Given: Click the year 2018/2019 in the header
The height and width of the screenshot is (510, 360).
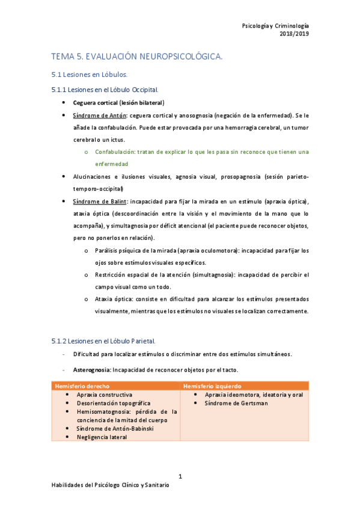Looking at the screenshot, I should coord(294,34).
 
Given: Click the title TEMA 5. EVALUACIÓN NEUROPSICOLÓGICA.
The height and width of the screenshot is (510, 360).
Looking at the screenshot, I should coord(137,57).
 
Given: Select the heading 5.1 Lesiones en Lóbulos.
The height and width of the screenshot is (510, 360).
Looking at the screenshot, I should coord(89,75).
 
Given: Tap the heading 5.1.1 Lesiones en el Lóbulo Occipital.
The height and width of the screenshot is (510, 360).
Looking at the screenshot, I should coord(105,90).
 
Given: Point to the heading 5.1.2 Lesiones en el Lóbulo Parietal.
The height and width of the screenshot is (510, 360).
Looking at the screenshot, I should coord(103,341).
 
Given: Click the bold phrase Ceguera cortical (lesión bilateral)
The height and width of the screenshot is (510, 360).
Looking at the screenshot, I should coord(118,103).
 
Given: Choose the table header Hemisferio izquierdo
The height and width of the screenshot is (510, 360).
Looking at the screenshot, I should coord(212,386).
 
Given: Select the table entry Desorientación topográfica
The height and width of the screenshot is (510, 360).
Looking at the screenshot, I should coord(114,403).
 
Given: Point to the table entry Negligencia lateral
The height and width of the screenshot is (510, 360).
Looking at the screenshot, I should coord(102,437).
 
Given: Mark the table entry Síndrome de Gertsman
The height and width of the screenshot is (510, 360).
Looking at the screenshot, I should coord(236,403).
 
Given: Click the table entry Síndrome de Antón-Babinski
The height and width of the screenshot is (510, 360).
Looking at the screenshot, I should coord(114,428).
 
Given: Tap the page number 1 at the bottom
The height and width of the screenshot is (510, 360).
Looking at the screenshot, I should coord(180,477).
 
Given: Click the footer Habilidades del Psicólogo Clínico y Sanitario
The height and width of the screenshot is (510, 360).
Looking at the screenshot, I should coord(110,485).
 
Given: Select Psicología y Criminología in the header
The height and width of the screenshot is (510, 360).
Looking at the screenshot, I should coord(275,26).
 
